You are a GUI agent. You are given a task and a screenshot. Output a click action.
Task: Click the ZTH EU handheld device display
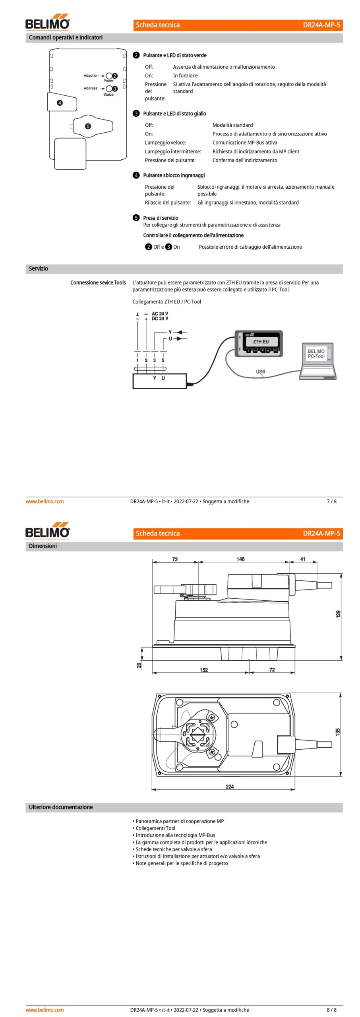point(261,342)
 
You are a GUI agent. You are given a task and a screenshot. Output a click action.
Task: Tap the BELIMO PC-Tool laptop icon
point(317,361)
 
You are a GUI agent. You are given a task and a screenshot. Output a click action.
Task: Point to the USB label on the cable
point(261,372)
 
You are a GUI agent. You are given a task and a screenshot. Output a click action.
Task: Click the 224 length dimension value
point(230,787)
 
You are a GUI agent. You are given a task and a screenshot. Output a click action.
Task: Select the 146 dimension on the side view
point(240,559)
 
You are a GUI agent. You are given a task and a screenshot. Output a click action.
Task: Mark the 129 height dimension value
point(338,614)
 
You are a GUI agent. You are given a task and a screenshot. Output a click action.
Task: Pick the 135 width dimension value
point(337,731)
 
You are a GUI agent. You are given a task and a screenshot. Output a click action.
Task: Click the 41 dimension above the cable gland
point(303,559)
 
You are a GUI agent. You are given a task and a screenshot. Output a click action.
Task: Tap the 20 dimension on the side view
point(139,665)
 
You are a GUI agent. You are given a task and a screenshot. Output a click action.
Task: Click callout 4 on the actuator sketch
point(60,102)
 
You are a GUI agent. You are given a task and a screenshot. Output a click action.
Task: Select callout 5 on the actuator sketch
point(88,126)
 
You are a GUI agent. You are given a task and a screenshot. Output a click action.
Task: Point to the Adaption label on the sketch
point(91,75)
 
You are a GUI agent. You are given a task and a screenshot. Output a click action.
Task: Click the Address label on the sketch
point(91,88)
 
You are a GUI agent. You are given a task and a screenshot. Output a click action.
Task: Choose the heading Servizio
point(38,269)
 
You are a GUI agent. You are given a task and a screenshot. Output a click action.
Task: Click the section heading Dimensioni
point(43,546)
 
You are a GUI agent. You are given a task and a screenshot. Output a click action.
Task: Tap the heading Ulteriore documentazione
point(61,807)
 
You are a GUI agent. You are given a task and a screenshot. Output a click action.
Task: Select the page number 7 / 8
point(331,501)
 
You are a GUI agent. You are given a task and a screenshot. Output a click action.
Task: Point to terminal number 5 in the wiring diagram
point(163,360)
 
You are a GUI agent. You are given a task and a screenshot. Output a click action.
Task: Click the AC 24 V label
point(160,314)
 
